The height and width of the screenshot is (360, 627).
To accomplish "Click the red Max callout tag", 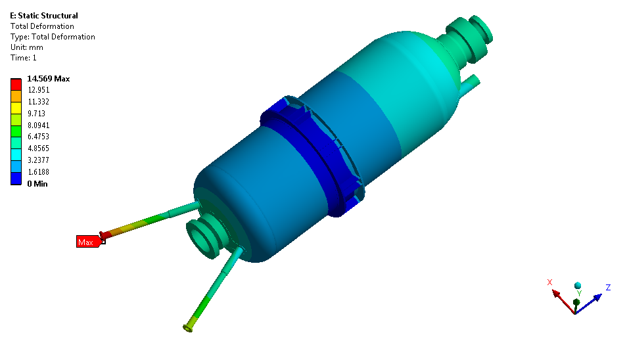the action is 89,242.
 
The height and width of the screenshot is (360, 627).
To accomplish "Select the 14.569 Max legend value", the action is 49,79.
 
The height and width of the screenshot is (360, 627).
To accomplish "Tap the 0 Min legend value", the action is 37,184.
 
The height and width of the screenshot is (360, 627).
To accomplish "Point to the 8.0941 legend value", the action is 38,125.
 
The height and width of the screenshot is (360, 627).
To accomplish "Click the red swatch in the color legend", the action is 16,84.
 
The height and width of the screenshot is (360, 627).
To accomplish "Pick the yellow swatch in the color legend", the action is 16,108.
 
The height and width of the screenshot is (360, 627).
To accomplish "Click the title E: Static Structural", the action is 44,16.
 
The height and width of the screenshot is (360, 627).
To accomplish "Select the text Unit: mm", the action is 27,47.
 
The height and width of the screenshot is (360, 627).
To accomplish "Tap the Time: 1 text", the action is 24,58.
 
